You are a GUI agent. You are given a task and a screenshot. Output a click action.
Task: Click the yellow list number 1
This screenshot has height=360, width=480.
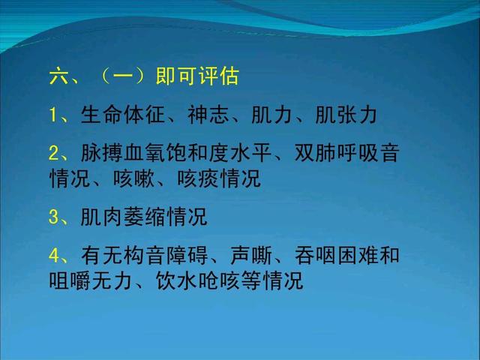click(53, 116)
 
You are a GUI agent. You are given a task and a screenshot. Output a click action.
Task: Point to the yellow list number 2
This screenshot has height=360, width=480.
click(53, 154)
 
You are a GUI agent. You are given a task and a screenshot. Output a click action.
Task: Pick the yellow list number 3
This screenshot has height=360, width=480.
click(53, 217)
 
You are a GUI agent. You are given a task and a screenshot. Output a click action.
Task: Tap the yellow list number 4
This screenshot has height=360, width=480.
click(53, 256)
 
